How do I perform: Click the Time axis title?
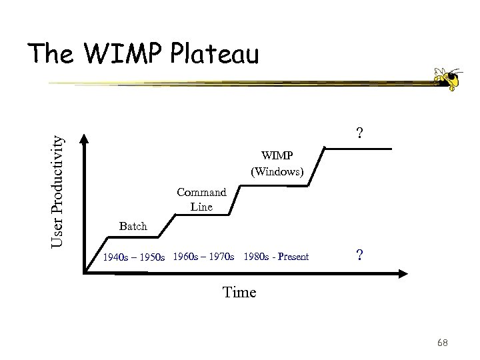coord(239,292)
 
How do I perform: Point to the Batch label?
coord(132,226)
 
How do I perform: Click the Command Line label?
coord(201,199)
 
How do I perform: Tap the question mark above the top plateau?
coord(359,133)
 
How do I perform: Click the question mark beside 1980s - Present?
coord(359,256)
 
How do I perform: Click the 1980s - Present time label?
coord(277,256)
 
